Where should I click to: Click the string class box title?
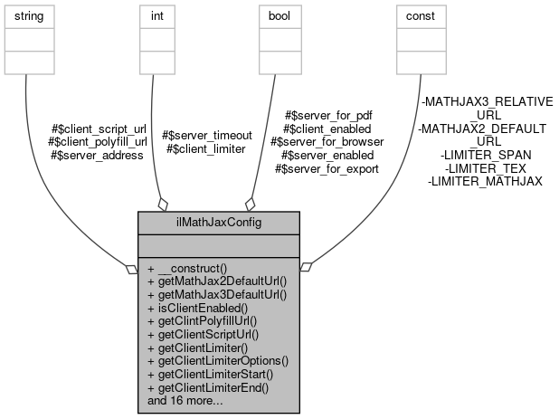click(27, 16)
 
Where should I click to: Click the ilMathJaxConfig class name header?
click(219, 223)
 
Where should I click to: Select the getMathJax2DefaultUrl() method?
click(216, 281)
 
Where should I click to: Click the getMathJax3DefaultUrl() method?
click(216, 294)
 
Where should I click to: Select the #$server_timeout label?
click(203, 136)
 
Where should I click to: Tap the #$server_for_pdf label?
click(328, 116)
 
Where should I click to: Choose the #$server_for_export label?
click(326, 167)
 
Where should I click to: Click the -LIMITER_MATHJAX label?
click(485, 181)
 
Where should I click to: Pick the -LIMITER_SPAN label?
click(485, 155)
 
